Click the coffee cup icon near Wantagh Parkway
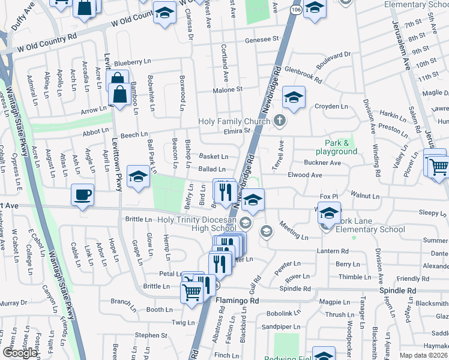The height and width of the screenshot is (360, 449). pos(82,194)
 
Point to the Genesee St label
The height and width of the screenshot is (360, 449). pos(262,39)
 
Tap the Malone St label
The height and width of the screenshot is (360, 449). pos(228,89)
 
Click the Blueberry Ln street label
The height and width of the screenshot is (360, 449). pos(131,62)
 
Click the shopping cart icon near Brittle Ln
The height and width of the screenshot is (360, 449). pos(192,293)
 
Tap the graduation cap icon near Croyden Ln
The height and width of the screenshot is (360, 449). pos(294,97)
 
